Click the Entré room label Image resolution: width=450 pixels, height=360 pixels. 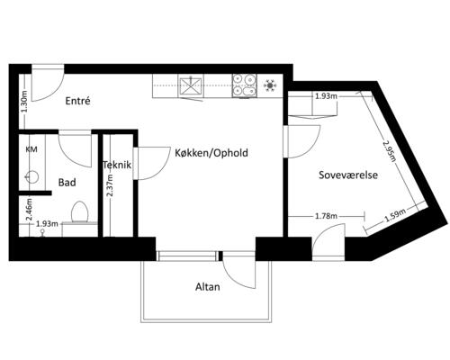(x=77, y=101)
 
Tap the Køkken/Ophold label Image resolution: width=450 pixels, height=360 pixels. (x=211, y=153)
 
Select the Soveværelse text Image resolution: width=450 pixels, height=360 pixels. (x=348, y=175)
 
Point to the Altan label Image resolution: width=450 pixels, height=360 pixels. (x=208, y=287)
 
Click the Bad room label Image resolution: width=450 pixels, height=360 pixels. (x=67, y=183)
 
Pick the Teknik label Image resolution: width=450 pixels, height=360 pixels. (x=117, y=165)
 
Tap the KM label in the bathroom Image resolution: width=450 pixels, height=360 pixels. (x=31, y=149)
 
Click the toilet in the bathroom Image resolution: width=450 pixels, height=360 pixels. (x=79, y=211)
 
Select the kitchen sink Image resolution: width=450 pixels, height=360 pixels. (x=191, y=85)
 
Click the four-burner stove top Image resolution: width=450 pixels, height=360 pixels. (x=244, y=85)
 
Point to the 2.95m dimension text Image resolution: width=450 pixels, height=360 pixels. (x=389, y=151)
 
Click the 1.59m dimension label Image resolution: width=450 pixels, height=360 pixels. (x=395, y=215)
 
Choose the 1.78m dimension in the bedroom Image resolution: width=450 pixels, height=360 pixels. (x=326, y=216)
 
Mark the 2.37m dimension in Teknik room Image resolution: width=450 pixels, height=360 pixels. (x=110, y=185)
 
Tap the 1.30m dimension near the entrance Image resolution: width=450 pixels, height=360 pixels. (x=24, y=102)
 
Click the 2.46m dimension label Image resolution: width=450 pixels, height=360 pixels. (x=29, y=210)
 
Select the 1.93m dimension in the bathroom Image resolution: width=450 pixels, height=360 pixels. (x=47, y=224)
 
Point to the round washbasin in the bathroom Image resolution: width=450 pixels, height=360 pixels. (x=31, y=177)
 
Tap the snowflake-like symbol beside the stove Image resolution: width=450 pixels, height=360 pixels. (x=270, y=85)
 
